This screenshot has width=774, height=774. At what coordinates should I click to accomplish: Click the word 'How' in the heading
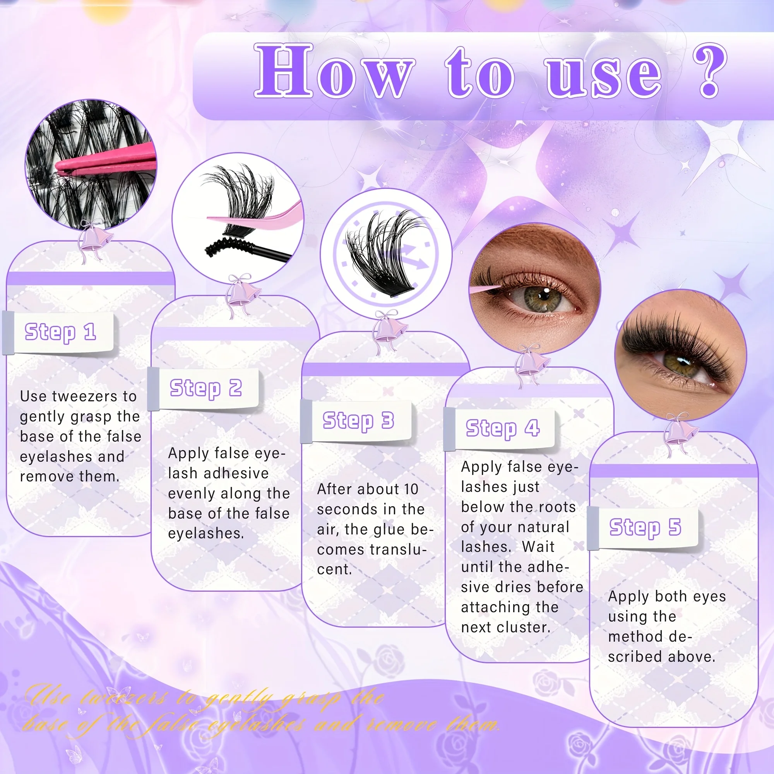[x=333, y=71]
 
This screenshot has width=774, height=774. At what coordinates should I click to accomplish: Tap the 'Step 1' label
[x=60, y=332]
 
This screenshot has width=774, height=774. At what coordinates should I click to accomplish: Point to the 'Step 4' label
[x=502, y=429]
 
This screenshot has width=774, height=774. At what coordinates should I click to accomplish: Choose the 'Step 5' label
[x=645, y=527]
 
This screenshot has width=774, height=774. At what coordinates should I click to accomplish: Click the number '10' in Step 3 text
[x=411, y=489]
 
